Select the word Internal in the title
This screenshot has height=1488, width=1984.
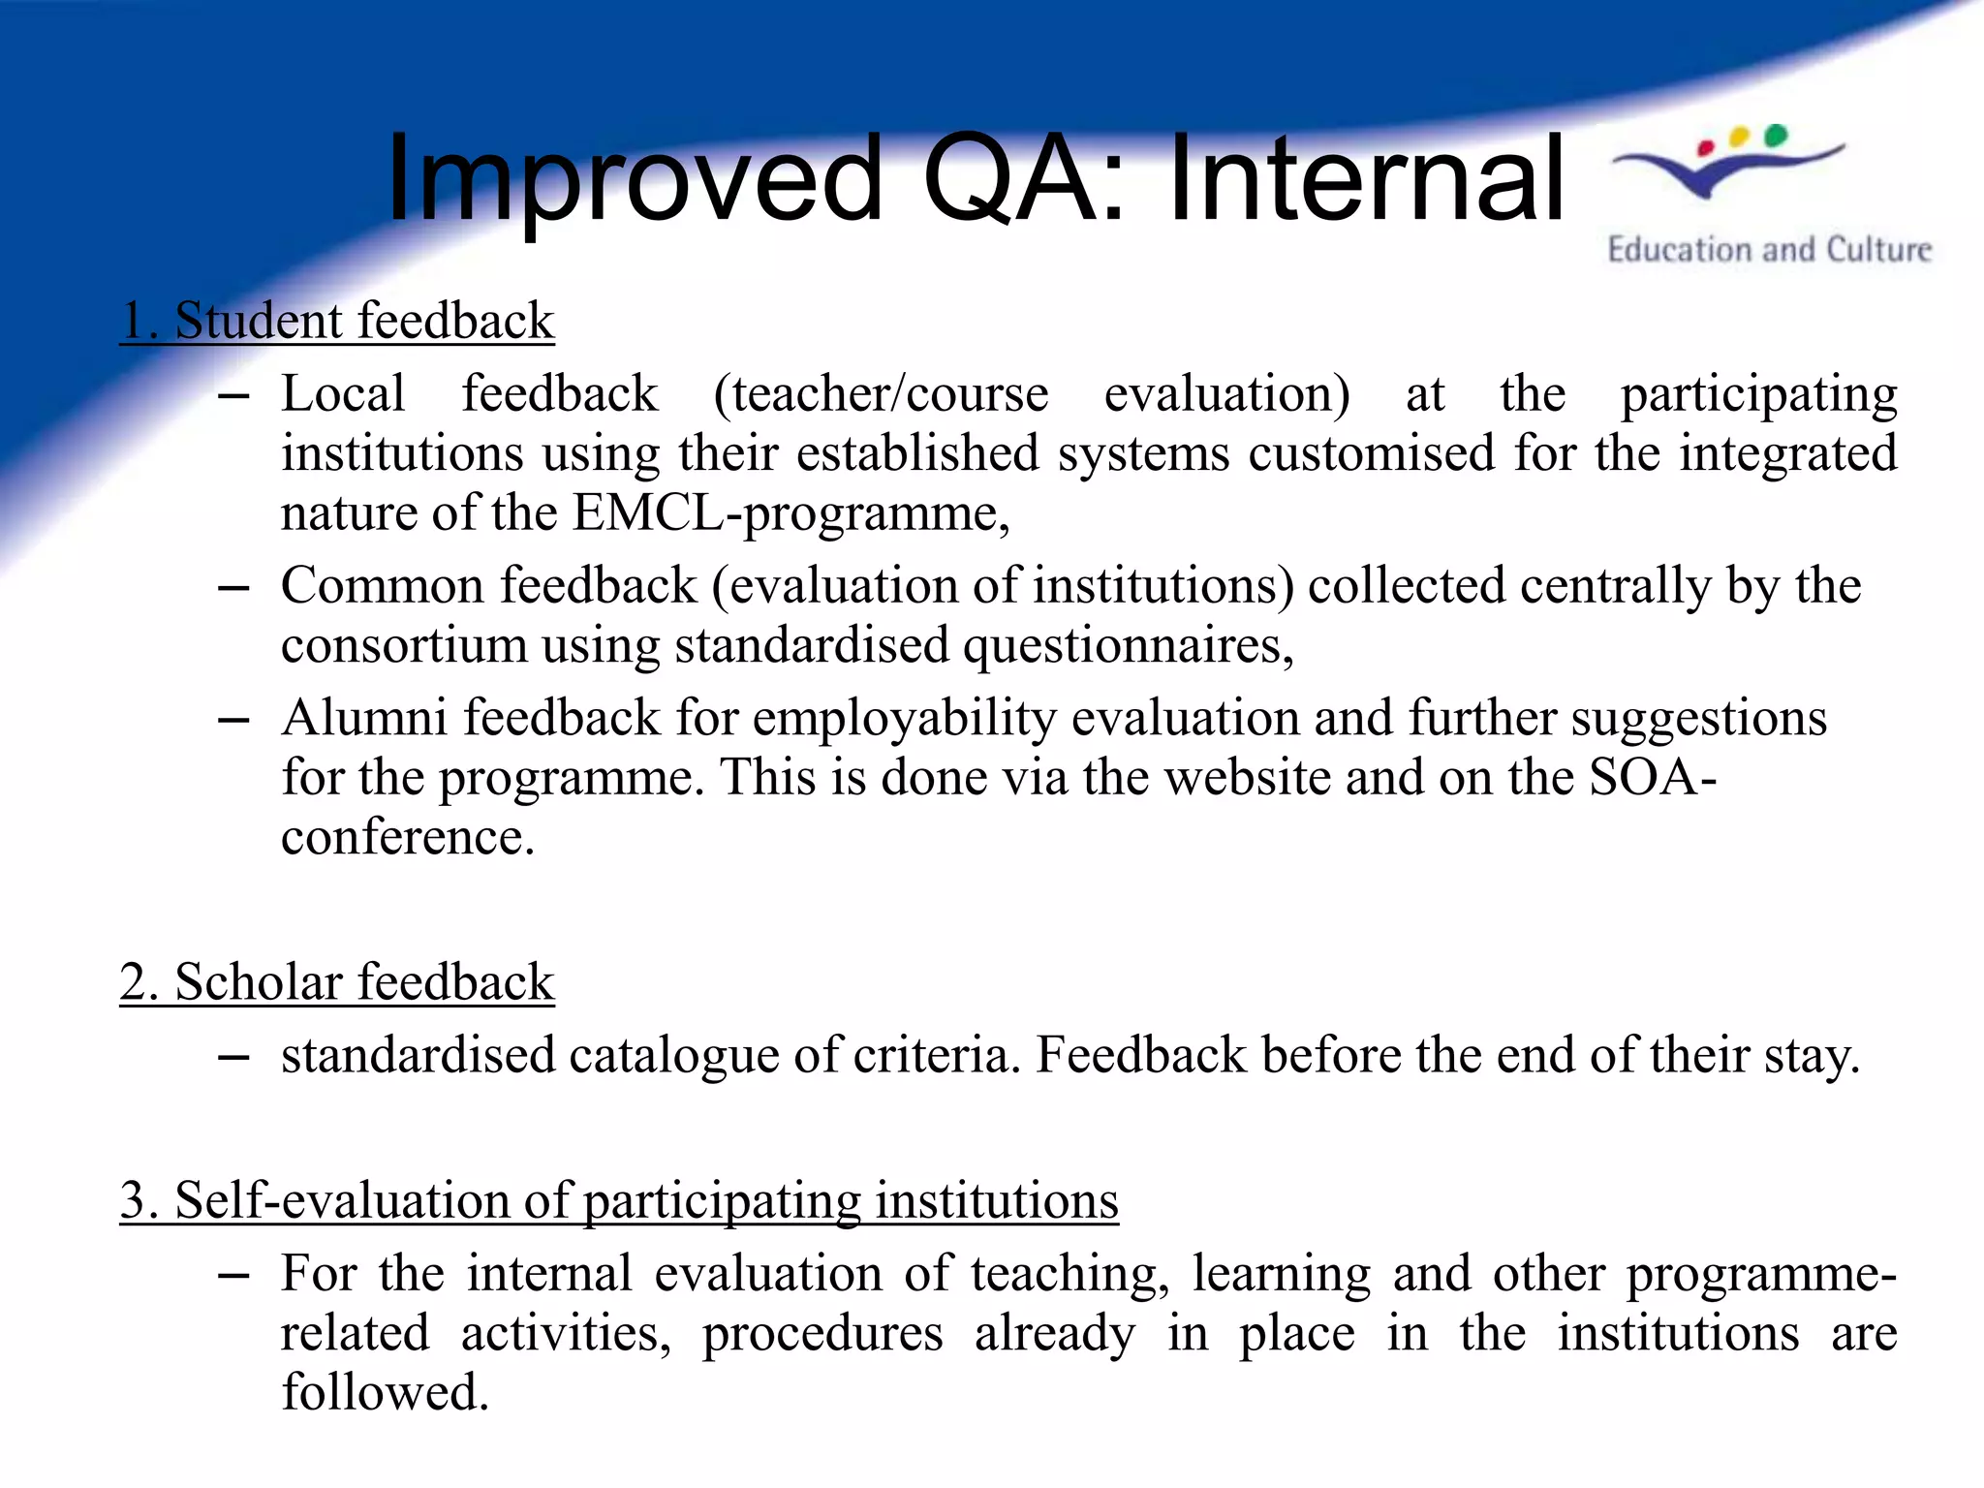pos(1366,179)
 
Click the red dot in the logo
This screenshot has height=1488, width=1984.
pos(1707,147)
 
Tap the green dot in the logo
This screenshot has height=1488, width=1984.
pos(1775,135)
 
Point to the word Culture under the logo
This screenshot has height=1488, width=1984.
pos(1878,250)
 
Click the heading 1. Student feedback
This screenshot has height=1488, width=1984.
pos(337,321)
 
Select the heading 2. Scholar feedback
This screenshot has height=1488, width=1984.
pos(337,982)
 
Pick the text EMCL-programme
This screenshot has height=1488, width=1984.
pos(790,512)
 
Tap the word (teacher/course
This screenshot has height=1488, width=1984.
pos(881,394)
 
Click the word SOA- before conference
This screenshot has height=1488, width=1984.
pos(1653,777)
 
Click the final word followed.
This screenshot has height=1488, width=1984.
pos(385,1392)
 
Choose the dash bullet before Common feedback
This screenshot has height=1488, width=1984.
pos(234,588)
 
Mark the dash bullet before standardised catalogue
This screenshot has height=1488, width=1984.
pos(234,1057)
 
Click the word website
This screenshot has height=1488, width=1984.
pos(1248,777)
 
